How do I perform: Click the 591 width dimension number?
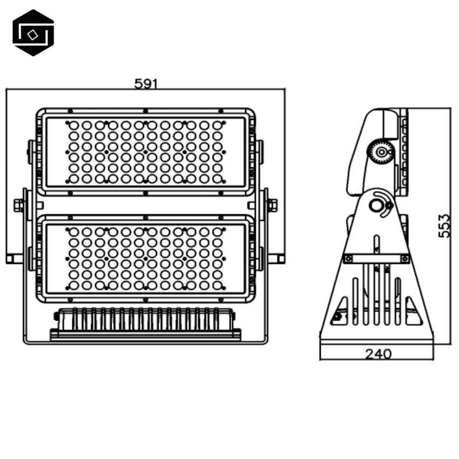coord(146,84)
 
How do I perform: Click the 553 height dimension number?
coord(443,226)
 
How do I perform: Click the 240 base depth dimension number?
coord(378,354)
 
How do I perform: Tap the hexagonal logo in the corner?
coord(33,32)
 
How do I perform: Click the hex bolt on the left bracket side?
coord(18,205)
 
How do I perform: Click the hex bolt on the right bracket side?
coord(273,205)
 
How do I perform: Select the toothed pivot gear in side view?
coord(381,152)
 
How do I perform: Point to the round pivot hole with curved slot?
coord(375,205)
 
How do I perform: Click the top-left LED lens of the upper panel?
coord(74,126)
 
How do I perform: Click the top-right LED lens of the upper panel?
coord(217,126)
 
